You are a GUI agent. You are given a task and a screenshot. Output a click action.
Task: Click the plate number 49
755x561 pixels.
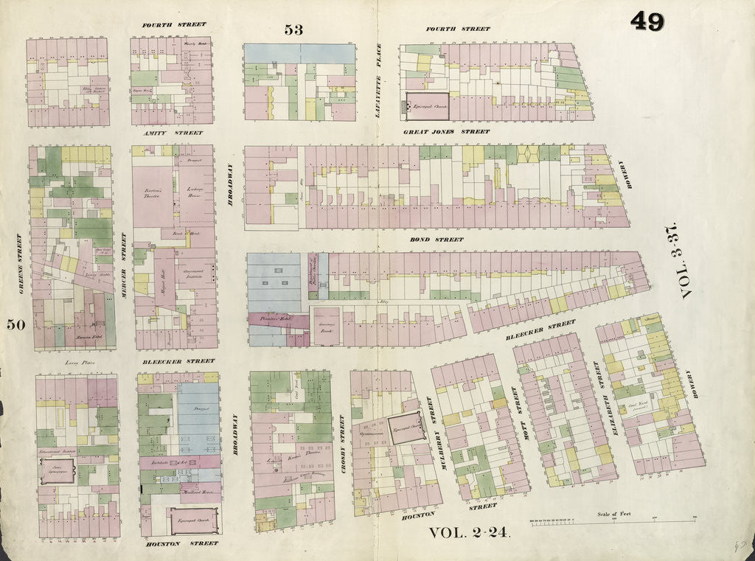[647, 21]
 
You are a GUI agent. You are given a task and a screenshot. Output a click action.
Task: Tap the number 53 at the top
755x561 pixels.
[293, 29]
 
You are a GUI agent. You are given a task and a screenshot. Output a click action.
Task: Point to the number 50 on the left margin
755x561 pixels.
[17, 324]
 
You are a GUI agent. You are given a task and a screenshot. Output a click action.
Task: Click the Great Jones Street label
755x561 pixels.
[446, 132]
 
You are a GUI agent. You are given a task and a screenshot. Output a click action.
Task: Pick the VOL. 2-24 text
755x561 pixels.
[469, 534]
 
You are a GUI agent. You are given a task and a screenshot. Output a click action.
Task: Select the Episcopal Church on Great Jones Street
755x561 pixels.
[428, 106]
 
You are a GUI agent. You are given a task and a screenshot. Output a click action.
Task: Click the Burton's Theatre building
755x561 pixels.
[154, 193]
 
